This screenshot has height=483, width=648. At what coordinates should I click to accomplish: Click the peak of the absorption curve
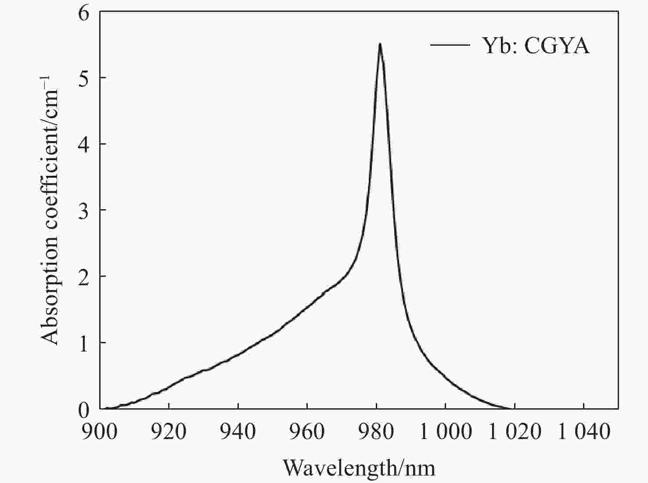pos(380,44)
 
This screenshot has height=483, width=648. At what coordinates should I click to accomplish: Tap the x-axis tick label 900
pos(100,432)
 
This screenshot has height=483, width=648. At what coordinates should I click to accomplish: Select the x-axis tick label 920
pos(169,432)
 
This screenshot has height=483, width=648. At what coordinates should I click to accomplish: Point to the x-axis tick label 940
pos(238,432)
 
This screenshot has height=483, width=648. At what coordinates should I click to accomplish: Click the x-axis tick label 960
pos(307,432)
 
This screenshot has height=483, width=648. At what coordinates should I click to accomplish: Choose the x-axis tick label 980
pos(376,432)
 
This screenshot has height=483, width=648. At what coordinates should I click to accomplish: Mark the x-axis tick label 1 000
pos(445,432)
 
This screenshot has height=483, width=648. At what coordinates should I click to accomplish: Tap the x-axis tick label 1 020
pos(515,432)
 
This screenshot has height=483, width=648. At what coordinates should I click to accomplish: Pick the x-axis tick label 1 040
pos(584,432)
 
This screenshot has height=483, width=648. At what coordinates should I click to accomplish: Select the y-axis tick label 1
pos(83,343)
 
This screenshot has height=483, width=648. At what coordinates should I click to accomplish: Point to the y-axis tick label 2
pos(83,277)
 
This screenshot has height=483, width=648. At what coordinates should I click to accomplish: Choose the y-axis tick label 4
pos(83,145)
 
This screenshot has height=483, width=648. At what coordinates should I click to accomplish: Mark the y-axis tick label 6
pos(83,13)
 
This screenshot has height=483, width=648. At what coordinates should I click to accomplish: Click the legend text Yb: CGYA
pos(536,46)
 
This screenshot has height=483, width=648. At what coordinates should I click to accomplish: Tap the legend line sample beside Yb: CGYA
pos(450,45)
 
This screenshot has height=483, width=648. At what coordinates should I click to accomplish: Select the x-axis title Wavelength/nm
pos(359,468)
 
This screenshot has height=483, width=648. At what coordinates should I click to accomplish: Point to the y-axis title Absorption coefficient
pos(50,211)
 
